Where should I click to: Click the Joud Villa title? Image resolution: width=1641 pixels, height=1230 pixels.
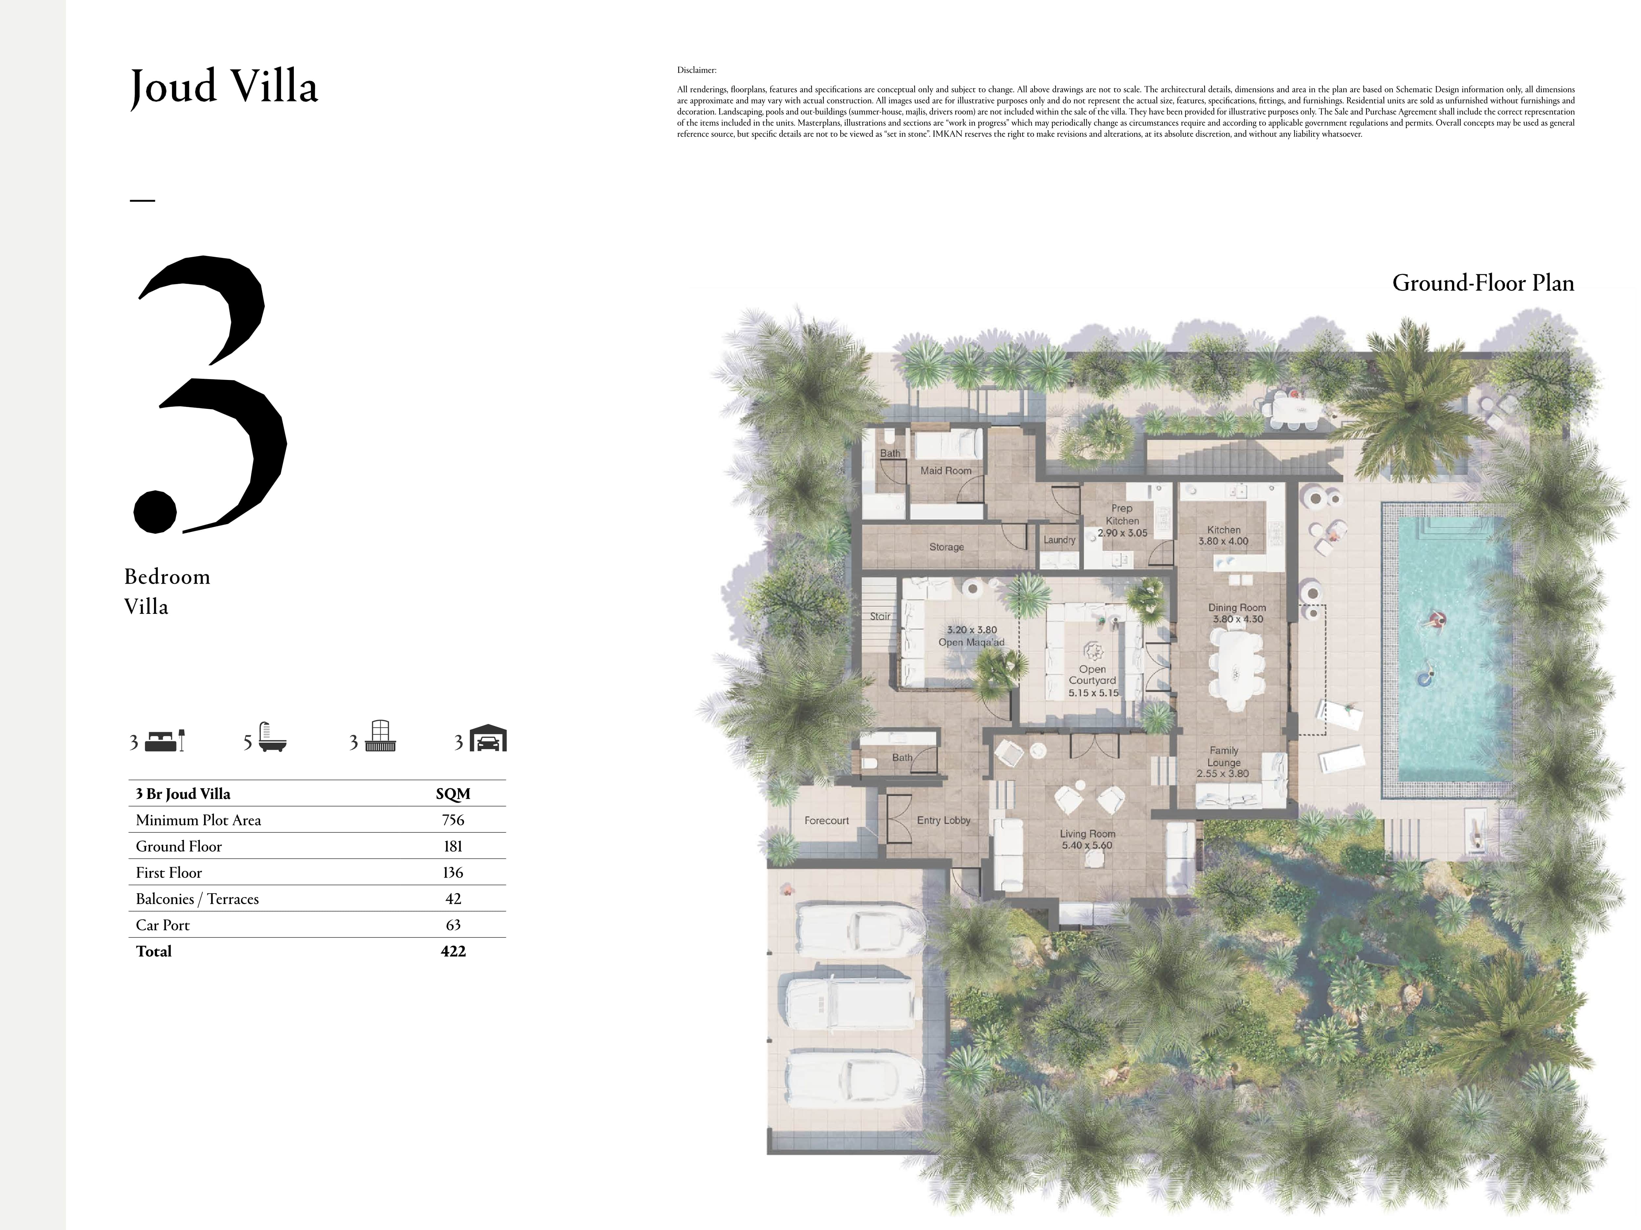click(x=224, y=87)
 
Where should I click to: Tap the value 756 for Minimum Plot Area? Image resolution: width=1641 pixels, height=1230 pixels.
click(x=452, y=820)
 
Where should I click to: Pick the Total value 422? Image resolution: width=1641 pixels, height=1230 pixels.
click(x=452, y=951)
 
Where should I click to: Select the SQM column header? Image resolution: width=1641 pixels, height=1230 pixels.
click(x=452, y=794)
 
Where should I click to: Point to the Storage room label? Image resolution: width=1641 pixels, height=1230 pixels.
click(x=946, y=547)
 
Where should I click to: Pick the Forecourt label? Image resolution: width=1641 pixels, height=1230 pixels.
click(x=827, y=821)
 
